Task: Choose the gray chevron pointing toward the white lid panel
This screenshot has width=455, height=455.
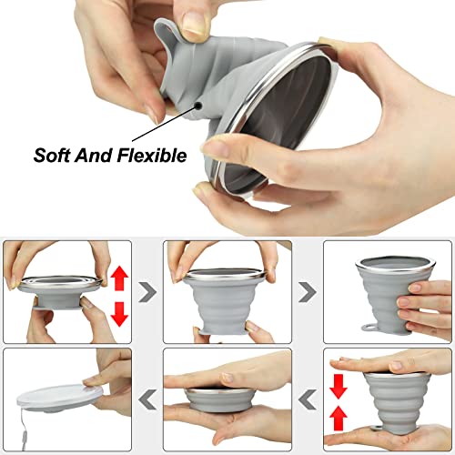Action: [147, 398]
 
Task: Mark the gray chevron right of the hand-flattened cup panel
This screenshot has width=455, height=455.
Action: [308, 398]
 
